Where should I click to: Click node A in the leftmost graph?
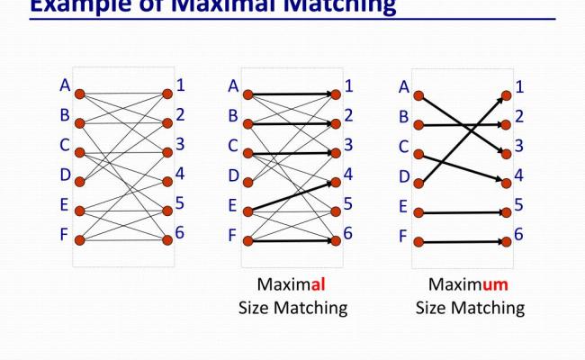79,94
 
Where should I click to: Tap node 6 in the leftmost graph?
167,240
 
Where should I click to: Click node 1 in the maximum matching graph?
506,94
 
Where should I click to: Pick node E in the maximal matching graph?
247,211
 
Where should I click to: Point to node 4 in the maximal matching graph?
336,182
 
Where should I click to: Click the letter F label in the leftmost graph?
65,236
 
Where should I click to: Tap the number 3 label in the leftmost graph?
181,144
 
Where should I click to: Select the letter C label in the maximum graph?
403,146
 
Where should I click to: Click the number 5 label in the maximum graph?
519,205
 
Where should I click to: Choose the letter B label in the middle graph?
233,116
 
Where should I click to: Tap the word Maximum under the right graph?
469,285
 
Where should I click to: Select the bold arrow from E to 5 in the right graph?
461,213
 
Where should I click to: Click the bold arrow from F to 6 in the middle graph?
291,240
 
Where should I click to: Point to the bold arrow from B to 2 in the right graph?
461,123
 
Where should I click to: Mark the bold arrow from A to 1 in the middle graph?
291,94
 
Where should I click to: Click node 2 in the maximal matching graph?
336,123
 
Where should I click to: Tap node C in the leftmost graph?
79,152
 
